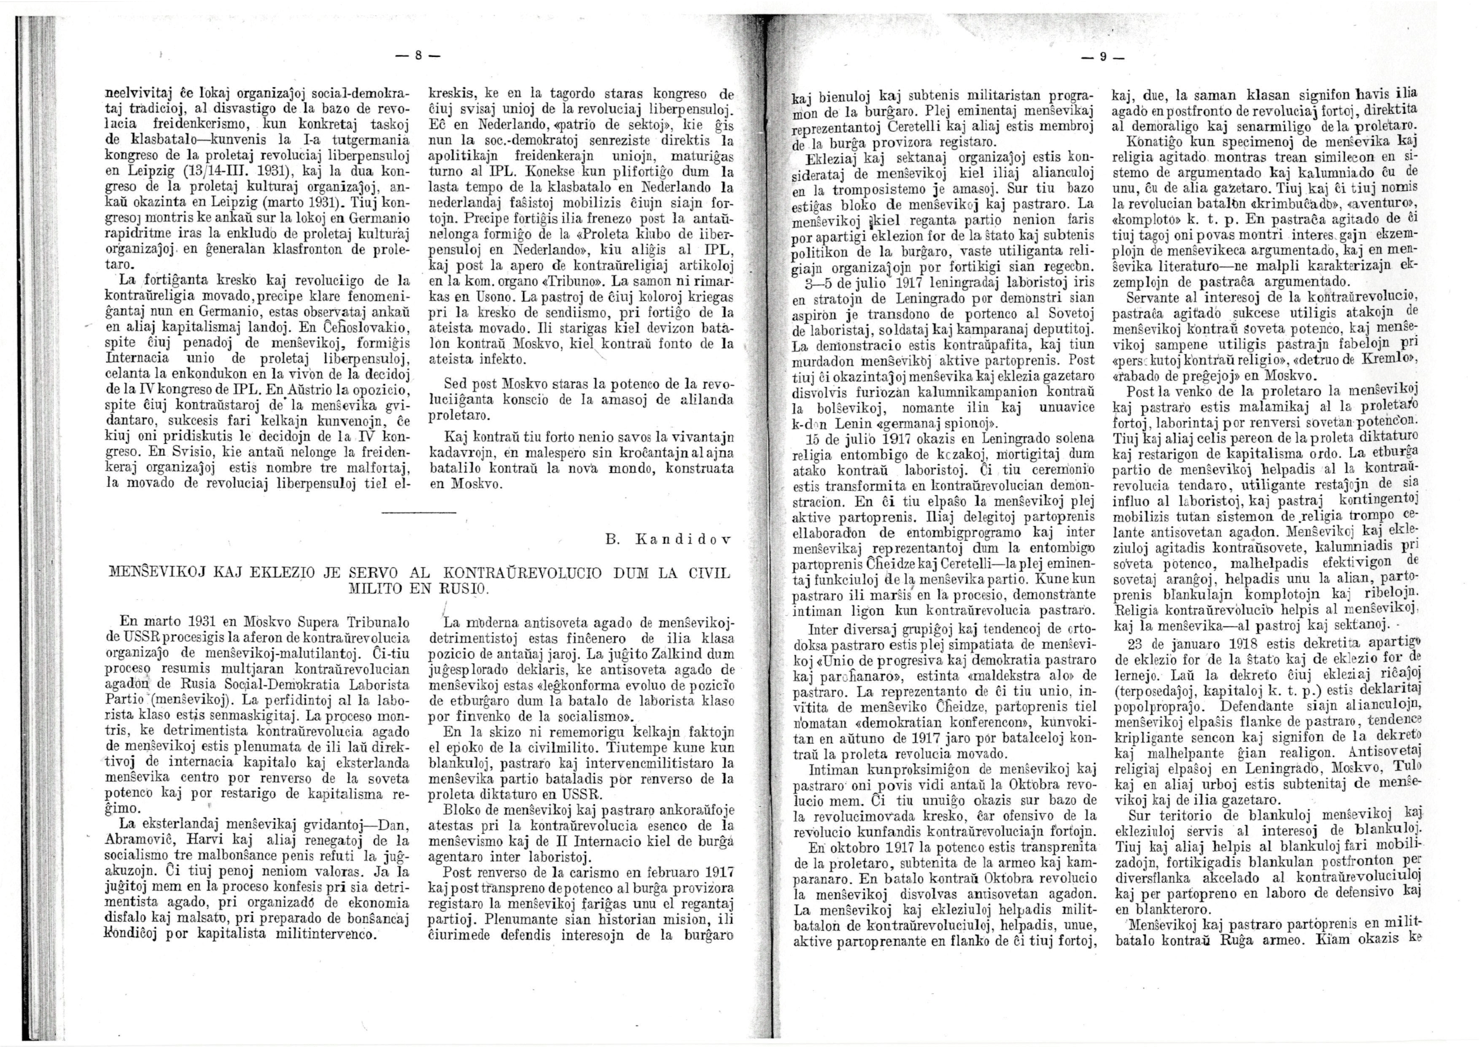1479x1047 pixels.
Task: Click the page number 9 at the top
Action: point(1103,57)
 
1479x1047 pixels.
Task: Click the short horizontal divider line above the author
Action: point(419,513)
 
